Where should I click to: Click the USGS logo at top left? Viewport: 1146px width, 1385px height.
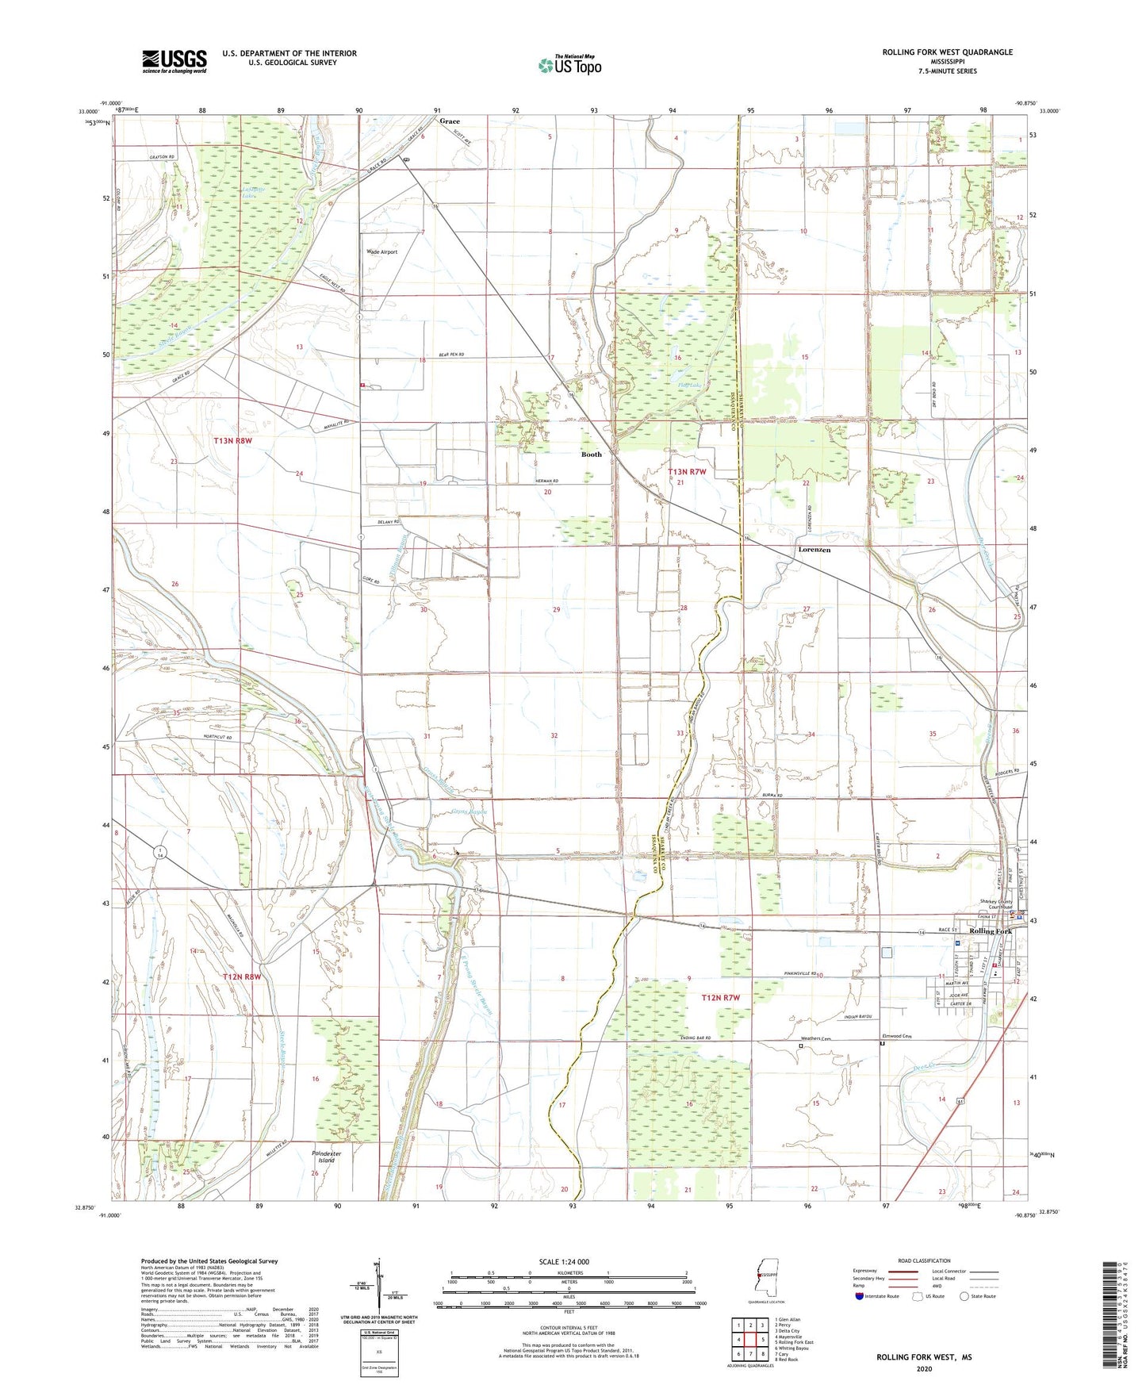pyautogui.click(x=174, y=61)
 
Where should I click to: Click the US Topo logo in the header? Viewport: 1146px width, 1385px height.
pyautogui.click(x=569, y=65)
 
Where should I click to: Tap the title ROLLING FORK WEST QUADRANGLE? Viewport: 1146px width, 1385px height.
pyautogui.click(x=947, y=52)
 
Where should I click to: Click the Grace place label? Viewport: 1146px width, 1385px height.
pyautogui.click(x=450, y=121)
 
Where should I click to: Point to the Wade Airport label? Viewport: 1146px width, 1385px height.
pyautogui.click(x=381, y=251)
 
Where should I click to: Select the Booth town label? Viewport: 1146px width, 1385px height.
pyautogui.click(x=592, y=455)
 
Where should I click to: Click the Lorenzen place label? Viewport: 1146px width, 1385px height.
pyautogui.click(x=814, y=550)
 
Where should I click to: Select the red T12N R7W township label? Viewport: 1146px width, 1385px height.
pyautogui.click(x=720, y=997)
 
